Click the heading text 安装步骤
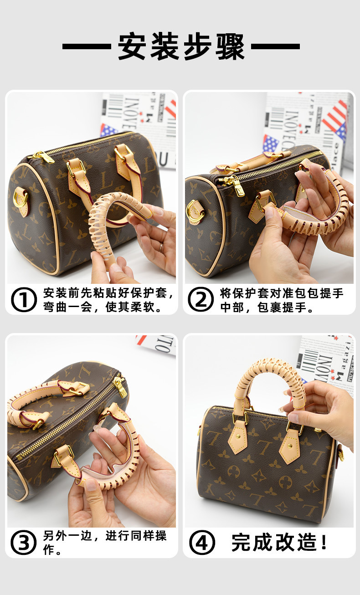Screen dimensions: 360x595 181,46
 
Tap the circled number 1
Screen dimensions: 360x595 24,299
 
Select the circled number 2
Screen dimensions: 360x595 201,299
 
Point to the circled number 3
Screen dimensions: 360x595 24,543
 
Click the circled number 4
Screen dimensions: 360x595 202,543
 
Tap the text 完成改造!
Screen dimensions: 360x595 279,542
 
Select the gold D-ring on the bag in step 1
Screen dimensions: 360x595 20,197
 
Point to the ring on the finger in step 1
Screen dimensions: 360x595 161,248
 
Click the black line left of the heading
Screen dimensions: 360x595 87,46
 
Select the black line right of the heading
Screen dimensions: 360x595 276,46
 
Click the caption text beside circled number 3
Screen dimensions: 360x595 105,543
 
